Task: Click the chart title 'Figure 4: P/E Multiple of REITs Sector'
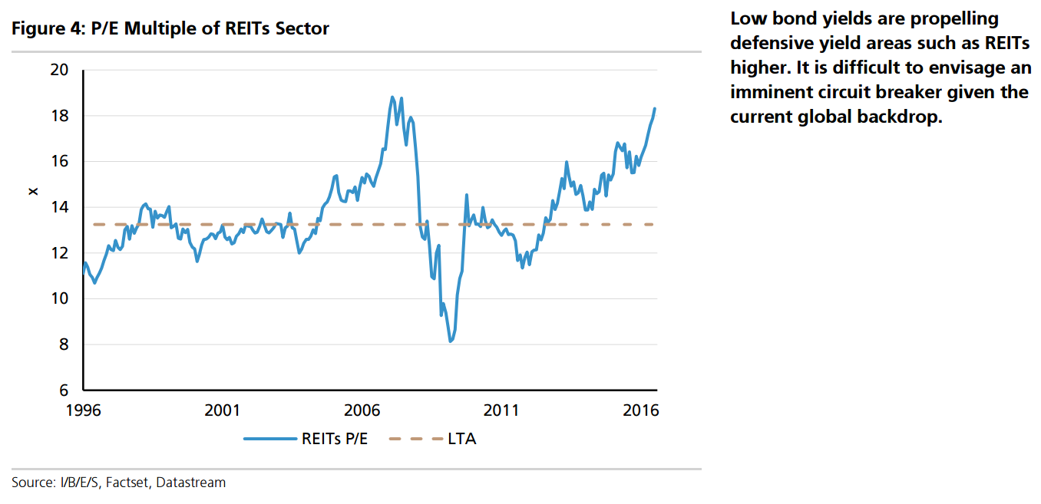point(170,29)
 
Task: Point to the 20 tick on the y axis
point(59,70)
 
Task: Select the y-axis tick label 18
point(59,116)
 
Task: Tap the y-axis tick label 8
point(64,344)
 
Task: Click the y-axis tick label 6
point(64,390)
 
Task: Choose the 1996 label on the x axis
point(84,410)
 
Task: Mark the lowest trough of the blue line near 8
point(451,341)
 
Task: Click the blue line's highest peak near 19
point(392,97)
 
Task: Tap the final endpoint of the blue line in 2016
point(655,108)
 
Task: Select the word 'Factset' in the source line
point(129,483)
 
